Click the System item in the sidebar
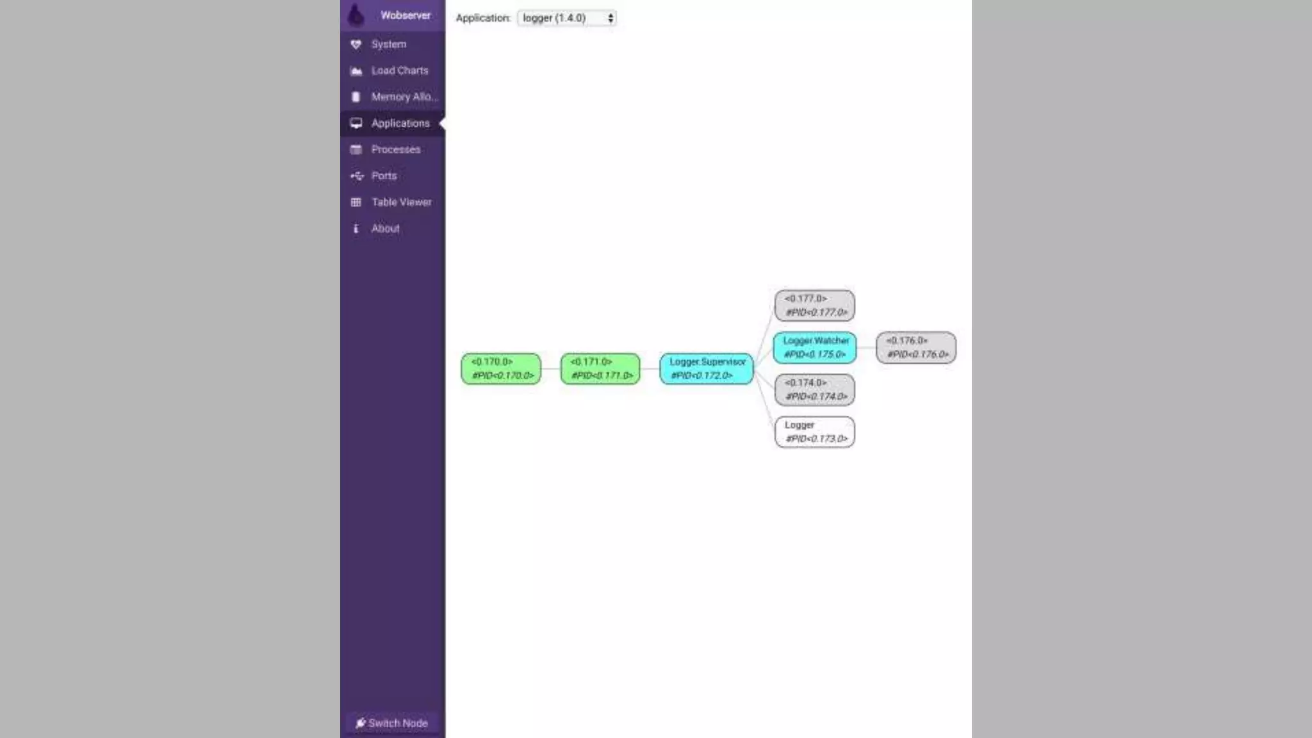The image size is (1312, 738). pyautogui.click(x=388, y=44)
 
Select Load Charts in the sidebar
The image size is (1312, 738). pyautogui.click(x=399, y=70)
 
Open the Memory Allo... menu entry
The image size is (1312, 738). pyautogui.click(x=404, y=97)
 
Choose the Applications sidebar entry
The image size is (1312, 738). pyautogui.click(x=400, y=123)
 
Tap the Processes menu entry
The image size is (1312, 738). pyautogui.click(x=395, y=149)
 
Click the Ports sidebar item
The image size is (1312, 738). pyautogui.click(x=384, y=176)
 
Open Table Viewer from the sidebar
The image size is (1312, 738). pyautogui.click(x=401, y=202)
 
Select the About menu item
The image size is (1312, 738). pyautogui.click(x=385, y=228)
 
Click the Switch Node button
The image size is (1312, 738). pyautogui.click(x=392, y=723)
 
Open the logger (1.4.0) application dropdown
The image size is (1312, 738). pyautogui.click(x=566, y=18)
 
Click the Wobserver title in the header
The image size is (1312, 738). pyautogui.click(x=405, y=15)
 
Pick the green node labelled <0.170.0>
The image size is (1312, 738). pyautogui.click(x=501, y=368)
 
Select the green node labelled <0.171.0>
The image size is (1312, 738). pyautogui.click(x=600, y=368)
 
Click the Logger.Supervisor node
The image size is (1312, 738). pyautogui.click(x=707, y=368)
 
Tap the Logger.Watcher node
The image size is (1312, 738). pyautogui.click(x=815, y=347)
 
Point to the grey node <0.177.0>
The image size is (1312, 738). pyautogui.click(x=815, y=305)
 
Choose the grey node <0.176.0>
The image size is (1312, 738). pyautogui.click(x=916, y=347)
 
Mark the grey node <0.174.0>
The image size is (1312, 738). pyautogui.click(x=815, y=389)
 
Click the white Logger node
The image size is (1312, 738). pyautogui.click(x=815, y=432)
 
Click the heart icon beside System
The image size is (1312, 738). pyautogui.click(x=356, y=44)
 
